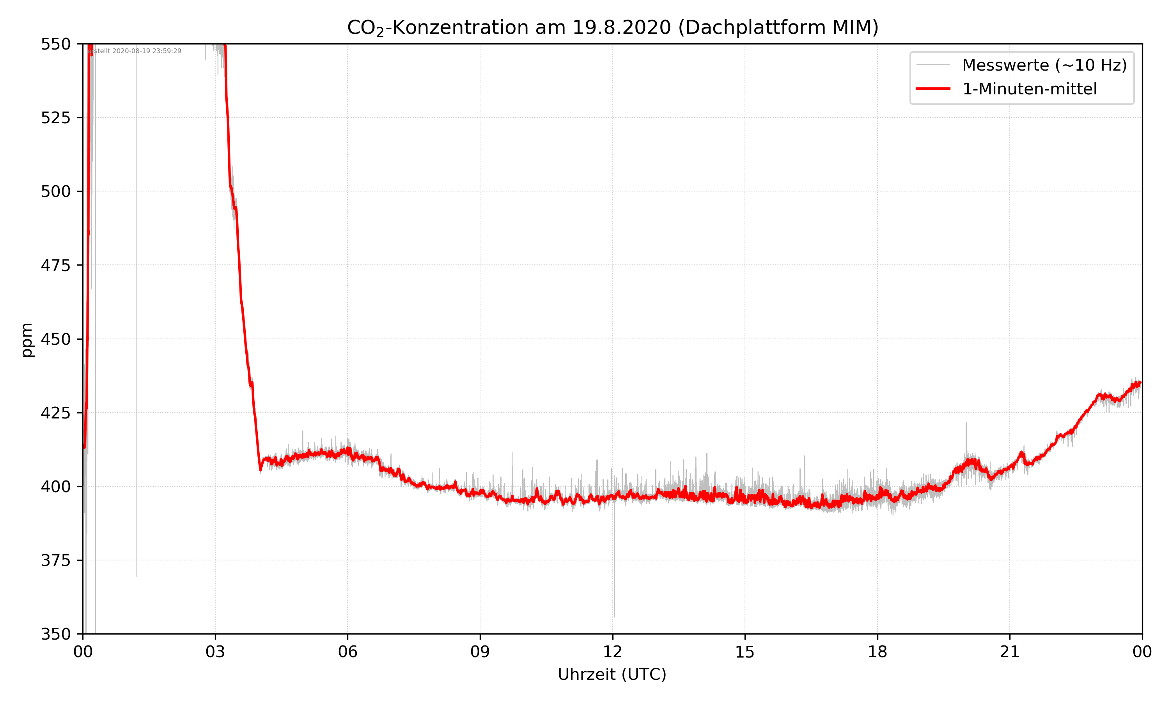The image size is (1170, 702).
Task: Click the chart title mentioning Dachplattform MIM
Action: click(x=612, y=27)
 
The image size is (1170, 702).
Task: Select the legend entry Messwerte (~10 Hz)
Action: click(x=1044, y=65)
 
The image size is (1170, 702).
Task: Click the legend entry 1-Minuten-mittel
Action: click(x=1029, y=89)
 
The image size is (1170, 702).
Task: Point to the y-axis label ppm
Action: click(x=27, y=340)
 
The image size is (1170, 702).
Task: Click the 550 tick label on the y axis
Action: click(x=55, y=44)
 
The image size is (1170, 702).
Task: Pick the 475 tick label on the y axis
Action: click(x=55, y=265)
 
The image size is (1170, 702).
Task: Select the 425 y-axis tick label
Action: click(x=55, y=413)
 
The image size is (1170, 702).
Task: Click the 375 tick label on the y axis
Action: click(x=55, y=560)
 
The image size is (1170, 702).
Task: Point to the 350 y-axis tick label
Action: click(x=55, y=635)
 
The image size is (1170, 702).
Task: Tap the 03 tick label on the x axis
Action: click(x=215, y=652)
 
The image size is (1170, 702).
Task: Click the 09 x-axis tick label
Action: click(x=480, y=652)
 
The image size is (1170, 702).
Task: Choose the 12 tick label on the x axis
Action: click(x=612, y=652)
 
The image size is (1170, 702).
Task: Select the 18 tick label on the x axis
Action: click(x=877, y=652)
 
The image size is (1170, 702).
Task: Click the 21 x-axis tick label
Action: click(x=1010, y=652)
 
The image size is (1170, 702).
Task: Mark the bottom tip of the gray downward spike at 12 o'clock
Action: click(x=614, y=616)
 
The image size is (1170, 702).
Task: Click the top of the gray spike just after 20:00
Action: click(x=966, y=423)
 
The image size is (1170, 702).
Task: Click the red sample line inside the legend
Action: click(x=932, y=89)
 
